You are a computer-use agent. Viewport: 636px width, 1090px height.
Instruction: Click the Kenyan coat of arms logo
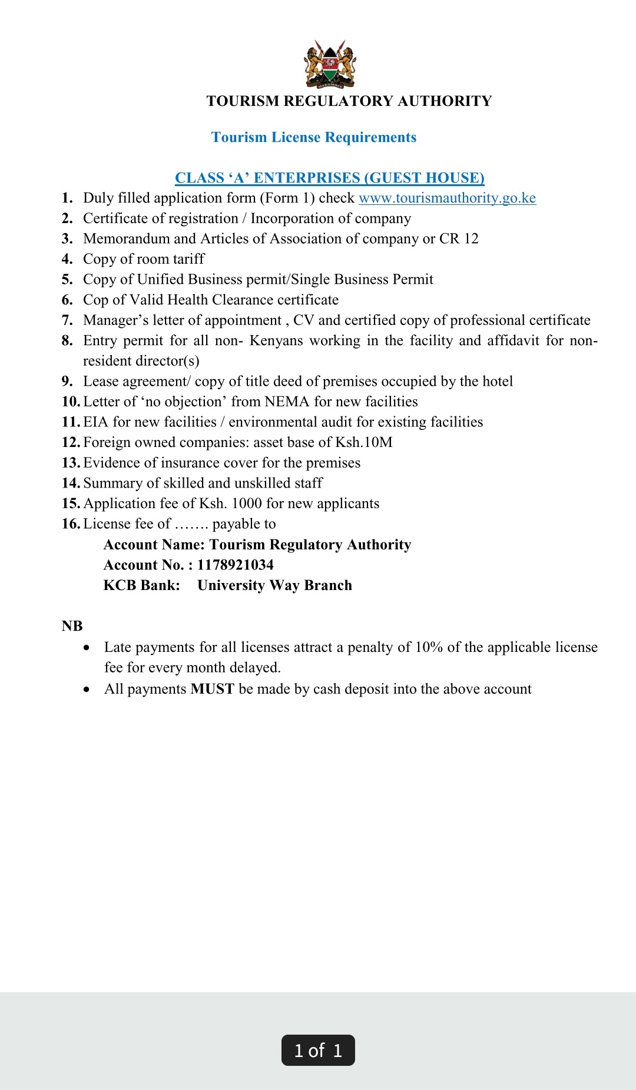pyautogui.click(x=330, y=64)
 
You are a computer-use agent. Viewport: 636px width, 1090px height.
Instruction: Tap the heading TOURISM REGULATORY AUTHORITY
pyautogui.click(x=349, y=101)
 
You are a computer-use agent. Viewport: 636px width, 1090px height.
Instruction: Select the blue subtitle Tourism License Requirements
pyautogui.click(x=313, y=137)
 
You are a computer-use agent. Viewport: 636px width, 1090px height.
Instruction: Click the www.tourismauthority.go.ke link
pyautogui.click(x=447, y=198)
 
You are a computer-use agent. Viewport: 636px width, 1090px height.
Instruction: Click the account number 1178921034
pyautogui.click(x=235, y=565)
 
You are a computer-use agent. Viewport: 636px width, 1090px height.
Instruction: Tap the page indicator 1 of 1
pyautogui.click(x=318, y=1051)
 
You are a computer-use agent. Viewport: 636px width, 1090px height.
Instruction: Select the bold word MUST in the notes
pyautogui.click(x=212, y=689)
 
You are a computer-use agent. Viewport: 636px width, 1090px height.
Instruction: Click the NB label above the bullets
pyautogui.click(x=72, y=626)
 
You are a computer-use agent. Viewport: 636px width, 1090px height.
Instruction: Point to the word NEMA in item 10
pyautogui.click(x=286, y=402)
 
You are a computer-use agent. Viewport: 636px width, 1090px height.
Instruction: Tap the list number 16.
pyautogui.click(x=70, y=524)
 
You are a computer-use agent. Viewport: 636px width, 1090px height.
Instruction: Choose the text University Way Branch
pyautogui.click(x=274, y=585)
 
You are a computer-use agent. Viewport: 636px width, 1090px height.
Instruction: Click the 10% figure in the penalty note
pyautogui.click(x=429, y=647)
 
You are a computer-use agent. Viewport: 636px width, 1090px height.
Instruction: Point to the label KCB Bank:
pyautogui.click(x=141, y=585)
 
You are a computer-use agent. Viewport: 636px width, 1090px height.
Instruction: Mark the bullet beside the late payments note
pyautogui.click(x=87, y=648)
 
